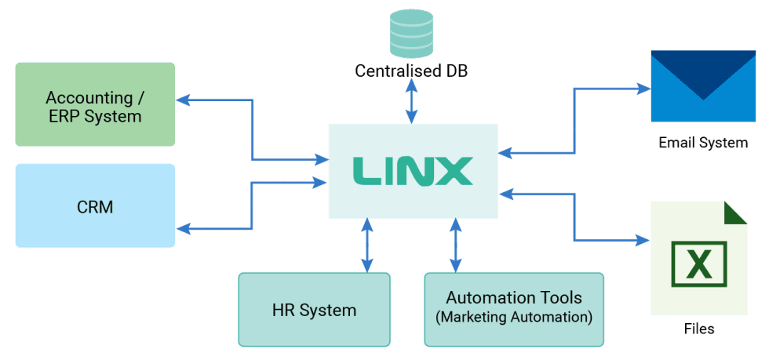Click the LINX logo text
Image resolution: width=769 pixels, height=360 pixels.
click(x=412, y=171)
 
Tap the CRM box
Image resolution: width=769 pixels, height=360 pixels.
click(x=94, y=206)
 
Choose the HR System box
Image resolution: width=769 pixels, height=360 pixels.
click(x=314, y=309)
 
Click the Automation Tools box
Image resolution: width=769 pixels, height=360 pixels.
click(x=514, y=309)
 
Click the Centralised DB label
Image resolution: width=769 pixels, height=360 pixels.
click(x=411, y=71)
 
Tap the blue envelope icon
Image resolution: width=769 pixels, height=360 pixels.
click(x=702, y=85)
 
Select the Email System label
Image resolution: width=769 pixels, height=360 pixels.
click(x=702, y=143)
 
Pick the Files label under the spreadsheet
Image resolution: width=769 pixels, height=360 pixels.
click(x=698, y=329)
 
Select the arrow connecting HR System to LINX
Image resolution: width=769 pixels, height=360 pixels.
click(x=366, y=245)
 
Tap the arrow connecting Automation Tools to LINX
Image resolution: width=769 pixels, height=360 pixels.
click(x=455, y=245)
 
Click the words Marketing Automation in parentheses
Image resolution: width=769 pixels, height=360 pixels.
click(x=514, y=318)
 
